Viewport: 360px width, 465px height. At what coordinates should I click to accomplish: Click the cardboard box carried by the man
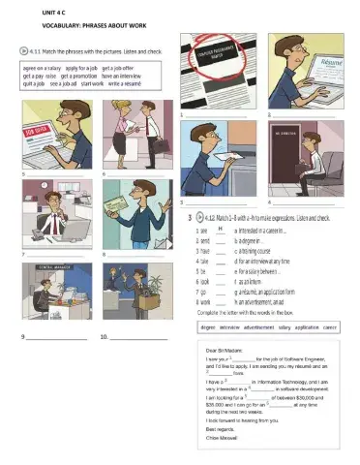(148, 302)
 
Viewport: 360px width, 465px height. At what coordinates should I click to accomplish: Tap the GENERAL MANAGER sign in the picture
(57, 263)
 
